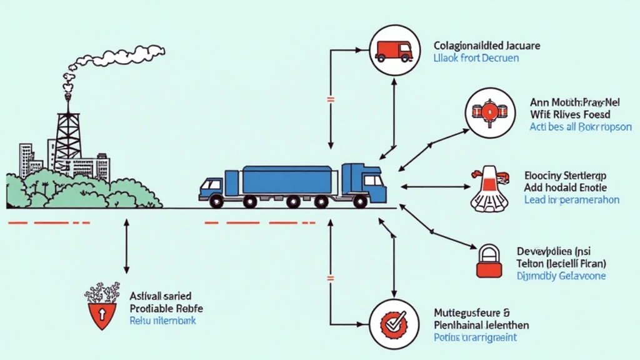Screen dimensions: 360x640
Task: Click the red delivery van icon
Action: tap(394, 49)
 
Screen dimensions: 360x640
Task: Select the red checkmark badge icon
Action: tap(393, 323)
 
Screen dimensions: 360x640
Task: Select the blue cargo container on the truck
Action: tap(286, 179)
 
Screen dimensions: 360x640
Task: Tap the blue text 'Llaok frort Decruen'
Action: tap(476, 58)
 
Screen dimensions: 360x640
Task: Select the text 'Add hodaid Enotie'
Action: tap(565, 187)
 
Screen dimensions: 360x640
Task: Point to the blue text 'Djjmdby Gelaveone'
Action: tap(561, 276)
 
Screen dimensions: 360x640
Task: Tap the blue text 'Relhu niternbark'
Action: tap(162, 321)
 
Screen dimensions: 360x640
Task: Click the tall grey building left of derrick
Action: tap(26, 161)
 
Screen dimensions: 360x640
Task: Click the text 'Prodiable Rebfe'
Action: tap(166, 308)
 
